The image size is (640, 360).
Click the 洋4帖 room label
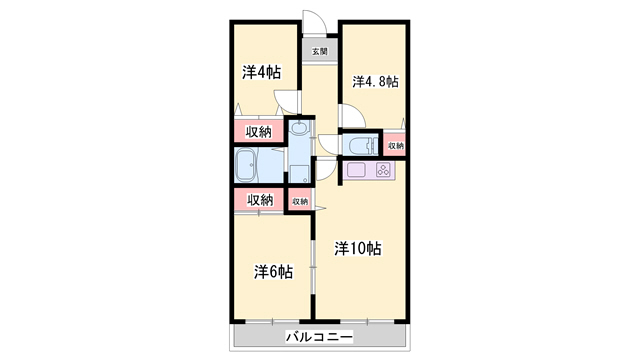(262, 73)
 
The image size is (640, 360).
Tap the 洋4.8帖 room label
(376, 82)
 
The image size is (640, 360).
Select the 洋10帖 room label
(358, 248)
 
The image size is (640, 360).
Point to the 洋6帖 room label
(273, 272)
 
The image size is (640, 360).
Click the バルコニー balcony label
(319, 337)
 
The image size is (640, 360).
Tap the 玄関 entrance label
(320, 51)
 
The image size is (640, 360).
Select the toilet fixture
(360, 145)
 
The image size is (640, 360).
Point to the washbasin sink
(300, 128)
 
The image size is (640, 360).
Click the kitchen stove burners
(384, 169)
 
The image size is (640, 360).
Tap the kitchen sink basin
(356, 169)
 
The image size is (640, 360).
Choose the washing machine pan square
(300, 174)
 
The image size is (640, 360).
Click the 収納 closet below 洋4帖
(259, 132)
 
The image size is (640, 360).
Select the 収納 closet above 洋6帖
(259, 200)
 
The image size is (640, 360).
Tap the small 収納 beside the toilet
(395, 145)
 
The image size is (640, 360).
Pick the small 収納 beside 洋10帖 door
(300, 201)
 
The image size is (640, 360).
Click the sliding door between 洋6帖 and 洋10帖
(313, 267)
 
